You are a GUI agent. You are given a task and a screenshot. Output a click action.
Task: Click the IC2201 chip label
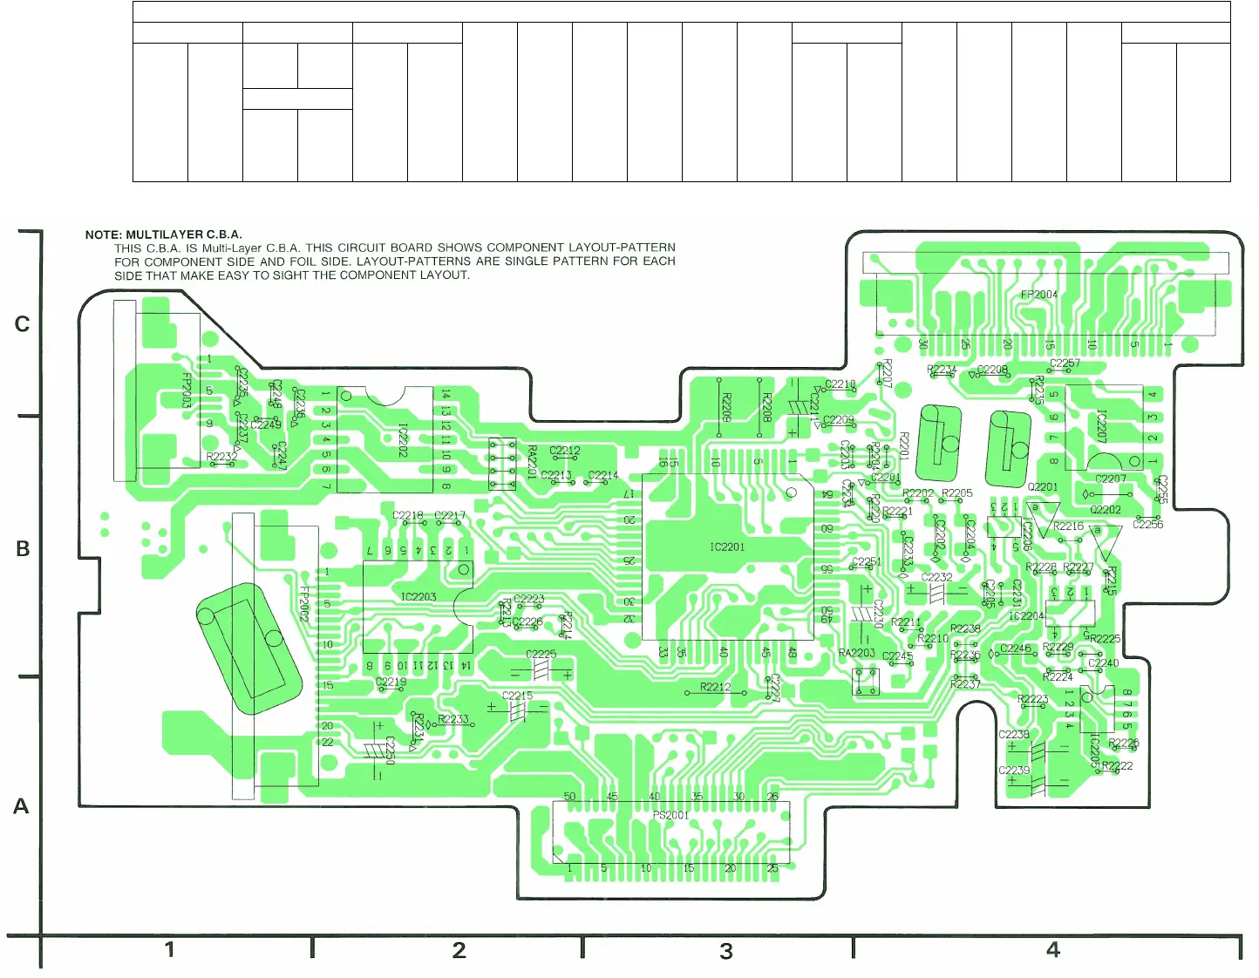[x=727, y=547]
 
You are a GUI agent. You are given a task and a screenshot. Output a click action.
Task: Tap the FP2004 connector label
[x=1038, y=295]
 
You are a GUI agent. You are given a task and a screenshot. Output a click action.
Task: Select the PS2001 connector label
[x=670, y=815]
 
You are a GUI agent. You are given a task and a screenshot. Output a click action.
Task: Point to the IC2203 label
[x=419, y=597]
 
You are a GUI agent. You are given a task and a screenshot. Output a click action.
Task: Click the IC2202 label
[x=402, y=440]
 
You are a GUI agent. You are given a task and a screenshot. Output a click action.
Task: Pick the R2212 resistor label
[x=715, y=687]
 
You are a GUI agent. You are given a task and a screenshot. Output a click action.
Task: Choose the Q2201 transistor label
[x=1043, y=487]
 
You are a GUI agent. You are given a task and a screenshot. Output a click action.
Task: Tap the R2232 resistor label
[x=221, y=457]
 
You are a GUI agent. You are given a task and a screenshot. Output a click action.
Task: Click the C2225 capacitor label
[x=541, y=654]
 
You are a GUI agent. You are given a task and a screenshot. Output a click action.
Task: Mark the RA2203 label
[x=856, y=653]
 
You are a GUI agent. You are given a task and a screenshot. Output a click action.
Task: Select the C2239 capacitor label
[x=1014, y=771]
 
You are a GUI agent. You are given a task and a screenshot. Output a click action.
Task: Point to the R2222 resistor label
[x=1118, y=766]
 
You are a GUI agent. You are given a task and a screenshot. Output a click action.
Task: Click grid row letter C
[x=23, y=324]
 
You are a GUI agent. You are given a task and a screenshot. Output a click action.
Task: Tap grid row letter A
[x=21, y=807]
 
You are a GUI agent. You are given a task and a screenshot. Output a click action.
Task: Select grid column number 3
[x=726, y=951]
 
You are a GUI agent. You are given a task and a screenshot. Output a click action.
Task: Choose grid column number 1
[x=169, y=949]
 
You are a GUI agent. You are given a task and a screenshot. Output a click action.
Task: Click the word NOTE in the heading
[x=103, y=234]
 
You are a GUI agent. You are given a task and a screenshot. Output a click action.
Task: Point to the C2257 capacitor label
[x=1065, y=363]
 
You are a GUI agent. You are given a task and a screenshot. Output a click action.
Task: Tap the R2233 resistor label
[x=453, y=719]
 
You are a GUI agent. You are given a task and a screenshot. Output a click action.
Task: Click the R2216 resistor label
[x=1068, y=526]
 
